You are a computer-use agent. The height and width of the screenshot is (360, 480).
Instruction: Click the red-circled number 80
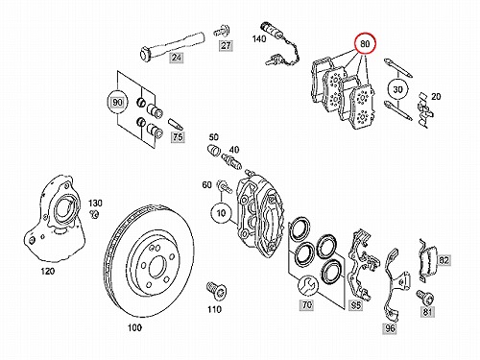coord(365,44)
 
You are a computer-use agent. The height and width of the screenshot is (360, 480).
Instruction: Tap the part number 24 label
coord(177,58)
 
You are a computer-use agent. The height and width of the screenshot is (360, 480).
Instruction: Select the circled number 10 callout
coord(221,213)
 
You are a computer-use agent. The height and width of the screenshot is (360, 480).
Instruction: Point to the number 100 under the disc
coord(134,327)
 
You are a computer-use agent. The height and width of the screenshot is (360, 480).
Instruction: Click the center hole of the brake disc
coord(157,266)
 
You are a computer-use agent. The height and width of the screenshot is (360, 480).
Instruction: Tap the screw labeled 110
coord(217,290)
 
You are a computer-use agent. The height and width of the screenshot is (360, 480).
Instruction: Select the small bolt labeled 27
coord(221,31)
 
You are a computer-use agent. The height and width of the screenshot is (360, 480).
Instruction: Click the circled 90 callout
coord(118,103)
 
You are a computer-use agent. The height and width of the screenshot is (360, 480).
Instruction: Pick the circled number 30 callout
coord(397,89)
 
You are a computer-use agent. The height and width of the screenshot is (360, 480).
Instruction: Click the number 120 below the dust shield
coord(48,272)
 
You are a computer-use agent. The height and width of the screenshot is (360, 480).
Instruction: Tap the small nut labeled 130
coord(94,214)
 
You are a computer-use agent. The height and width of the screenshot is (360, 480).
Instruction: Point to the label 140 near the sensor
coord(259,38)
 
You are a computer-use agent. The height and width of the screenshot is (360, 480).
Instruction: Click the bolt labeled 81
coord(425,297)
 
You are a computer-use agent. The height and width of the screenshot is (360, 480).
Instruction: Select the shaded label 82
coord(444,260)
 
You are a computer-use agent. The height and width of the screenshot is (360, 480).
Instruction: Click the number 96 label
coord(390,328)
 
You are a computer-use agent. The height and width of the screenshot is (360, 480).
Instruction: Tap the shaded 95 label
coord(356,305)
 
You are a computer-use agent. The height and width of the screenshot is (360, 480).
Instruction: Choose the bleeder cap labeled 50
coord(212,150)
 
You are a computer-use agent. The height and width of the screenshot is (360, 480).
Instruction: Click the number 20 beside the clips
coord(436,96)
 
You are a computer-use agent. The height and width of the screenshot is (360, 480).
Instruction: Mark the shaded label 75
coord(178,137)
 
